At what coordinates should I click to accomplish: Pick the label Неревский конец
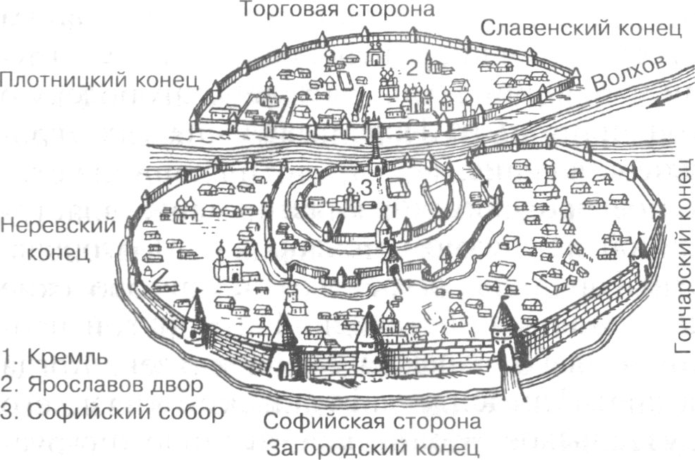[x=58, y=240]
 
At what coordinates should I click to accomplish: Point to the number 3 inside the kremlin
[x=366, y=187]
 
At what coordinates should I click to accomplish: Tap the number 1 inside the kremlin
[x=393, y=209]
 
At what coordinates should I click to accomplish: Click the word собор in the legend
[x=190, y=411]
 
